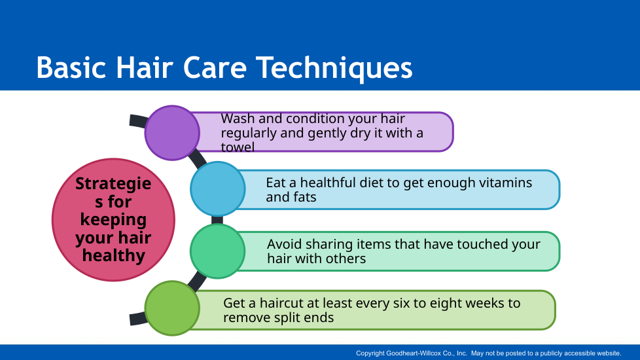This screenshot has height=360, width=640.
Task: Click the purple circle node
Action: [x=172, y=133]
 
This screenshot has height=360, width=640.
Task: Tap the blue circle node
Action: [x=217, y=189]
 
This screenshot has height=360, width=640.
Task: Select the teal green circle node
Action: [x=217, y=251]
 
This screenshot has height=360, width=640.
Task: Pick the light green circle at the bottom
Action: [x=172, y=308]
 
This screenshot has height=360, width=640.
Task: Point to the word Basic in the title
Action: [x=71, y=68]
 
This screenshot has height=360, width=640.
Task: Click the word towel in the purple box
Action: [x=238, y=147]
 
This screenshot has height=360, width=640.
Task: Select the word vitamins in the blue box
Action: [x=505, y=183]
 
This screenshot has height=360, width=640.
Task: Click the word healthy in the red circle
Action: [x=113, y=256]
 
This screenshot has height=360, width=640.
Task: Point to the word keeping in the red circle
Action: [x=113, y=220]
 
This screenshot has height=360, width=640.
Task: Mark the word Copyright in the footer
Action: [x=370, y=353]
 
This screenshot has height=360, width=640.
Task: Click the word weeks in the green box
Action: [x=484, y=303]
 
